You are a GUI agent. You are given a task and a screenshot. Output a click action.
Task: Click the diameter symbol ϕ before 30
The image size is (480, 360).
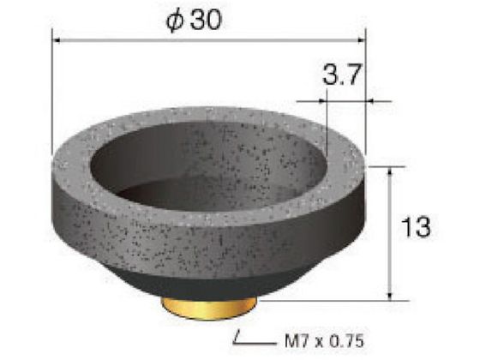pos(175,21)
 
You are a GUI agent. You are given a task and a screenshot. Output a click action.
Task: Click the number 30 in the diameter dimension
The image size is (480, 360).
pos(206,21)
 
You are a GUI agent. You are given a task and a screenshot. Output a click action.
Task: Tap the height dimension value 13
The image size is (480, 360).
pos(416,227)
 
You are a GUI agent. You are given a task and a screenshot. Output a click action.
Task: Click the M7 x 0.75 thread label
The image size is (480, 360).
pos(324,340)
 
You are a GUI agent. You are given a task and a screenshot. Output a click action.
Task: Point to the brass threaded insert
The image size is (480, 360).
pos(209,308)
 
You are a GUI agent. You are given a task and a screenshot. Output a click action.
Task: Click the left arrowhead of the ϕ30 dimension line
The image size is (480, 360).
pos(57,40)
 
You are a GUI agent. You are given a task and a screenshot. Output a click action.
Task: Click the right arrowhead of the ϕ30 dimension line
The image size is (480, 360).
pos(361,40)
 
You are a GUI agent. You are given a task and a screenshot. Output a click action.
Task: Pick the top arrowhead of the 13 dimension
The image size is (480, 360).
pos(390,171)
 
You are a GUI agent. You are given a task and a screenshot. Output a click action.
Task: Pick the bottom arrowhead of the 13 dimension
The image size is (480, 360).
pos(390,296)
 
